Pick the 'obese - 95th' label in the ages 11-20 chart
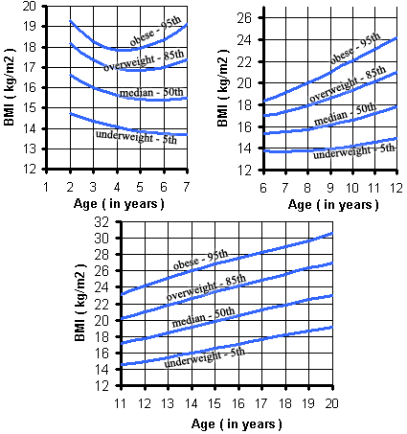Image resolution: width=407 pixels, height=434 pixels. pyautogui.click(x=199, y=261)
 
